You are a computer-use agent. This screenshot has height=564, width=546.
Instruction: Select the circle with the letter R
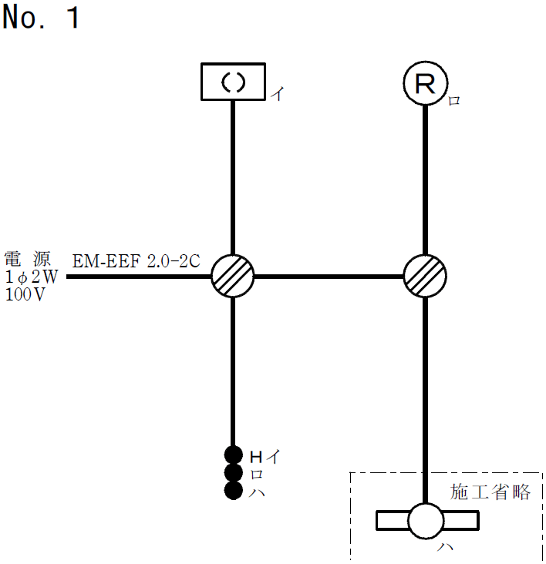(426, 84)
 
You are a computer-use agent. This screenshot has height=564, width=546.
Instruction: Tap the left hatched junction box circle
(233, 275)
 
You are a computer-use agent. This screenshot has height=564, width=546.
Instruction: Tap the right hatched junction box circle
(426, 275)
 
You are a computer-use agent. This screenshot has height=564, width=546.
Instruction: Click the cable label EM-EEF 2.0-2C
(136, 261)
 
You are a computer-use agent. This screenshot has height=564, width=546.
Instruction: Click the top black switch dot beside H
(234, 455)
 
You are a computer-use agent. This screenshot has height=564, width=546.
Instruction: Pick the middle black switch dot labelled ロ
(234, 472)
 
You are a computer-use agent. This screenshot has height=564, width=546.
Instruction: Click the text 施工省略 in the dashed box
(490, 492)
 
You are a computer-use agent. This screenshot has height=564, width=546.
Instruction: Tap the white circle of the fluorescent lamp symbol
(426, 522)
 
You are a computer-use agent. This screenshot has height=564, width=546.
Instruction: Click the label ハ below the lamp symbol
(445, 549)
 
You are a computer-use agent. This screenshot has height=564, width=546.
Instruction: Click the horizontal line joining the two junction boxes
(329, 275)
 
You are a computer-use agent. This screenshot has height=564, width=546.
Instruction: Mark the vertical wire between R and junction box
(426, 177)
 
